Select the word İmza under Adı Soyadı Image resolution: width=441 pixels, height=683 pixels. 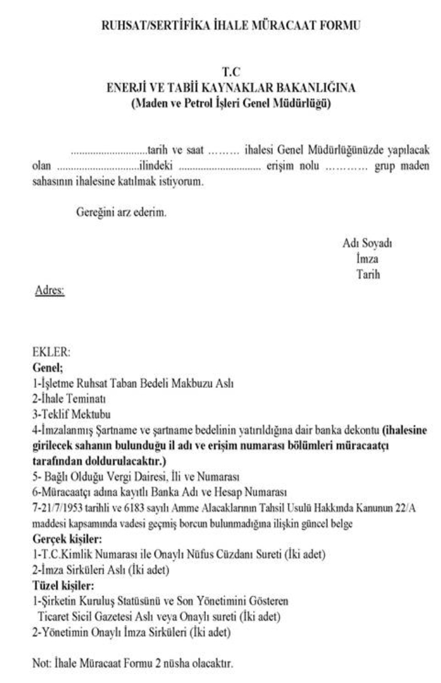click(366, 259)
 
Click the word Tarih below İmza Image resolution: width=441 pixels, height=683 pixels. click(367, 275)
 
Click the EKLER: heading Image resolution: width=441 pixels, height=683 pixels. click(51, 354)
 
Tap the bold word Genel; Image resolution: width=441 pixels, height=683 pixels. click(47, 367)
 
